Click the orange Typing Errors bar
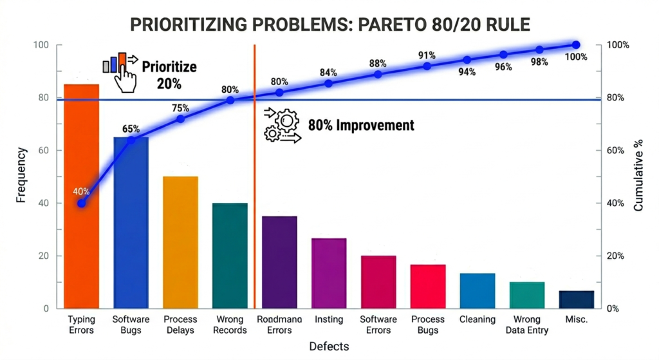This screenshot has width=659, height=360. pos(81,196)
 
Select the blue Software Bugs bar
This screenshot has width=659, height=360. pos(131,222)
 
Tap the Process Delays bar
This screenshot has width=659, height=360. pos(180,242)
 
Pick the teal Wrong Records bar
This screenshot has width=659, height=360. pos(230,256)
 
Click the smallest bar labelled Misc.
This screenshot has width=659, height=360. pos(576,299)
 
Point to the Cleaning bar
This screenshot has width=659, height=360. pos(477,290)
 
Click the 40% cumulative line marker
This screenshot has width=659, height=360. pos(81,203)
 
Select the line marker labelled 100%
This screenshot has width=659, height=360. pos(576,45)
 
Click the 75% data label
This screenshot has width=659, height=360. pos(180,108)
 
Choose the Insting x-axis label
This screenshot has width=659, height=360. pos(329,319)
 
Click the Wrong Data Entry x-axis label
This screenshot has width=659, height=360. pos(527,325)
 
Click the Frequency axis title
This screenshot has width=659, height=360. pos(22,175)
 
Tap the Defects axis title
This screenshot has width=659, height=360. pos(329,346)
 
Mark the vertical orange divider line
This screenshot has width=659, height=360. pos(255,193)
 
